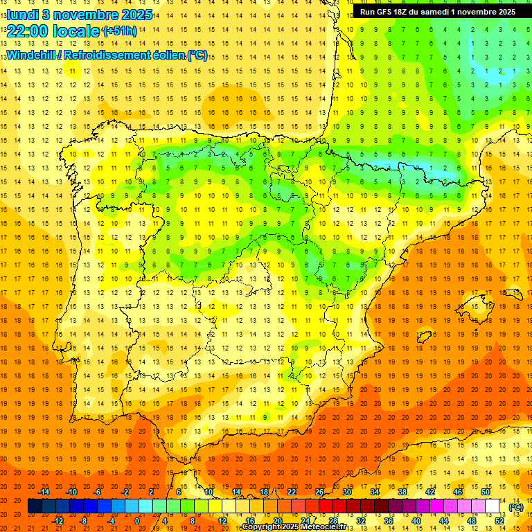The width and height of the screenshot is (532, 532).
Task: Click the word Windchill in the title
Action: [32, 55]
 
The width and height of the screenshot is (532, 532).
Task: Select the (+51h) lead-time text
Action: [119, 31]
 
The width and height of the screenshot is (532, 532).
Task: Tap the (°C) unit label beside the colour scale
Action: [516, 507]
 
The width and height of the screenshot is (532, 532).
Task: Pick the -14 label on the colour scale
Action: [44, 492]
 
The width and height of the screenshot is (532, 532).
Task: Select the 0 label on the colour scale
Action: [137, 521]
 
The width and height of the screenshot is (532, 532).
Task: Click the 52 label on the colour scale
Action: [499, 521]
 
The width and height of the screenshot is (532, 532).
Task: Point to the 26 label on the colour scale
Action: [319, 492]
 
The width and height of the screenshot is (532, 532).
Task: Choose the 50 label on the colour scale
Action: [486, 492]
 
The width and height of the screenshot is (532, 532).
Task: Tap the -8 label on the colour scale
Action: [85, 521]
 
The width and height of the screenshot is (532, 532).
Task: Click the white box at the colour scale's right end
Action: [493, 506]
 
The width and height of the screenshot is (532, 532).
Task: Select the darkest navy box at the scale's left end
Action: [35, 506]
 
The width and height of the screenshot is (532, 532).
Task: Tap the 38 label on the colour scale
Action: [402, 492]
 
